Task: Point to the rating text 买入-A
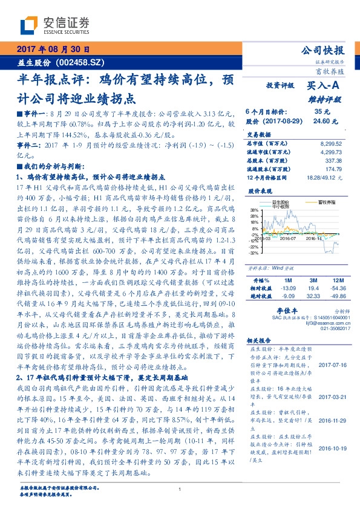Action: coord(325,85)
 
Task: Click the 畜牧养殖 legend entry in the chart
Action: coord(321,202)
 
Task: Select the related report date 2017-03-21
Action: coord(330,397)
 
